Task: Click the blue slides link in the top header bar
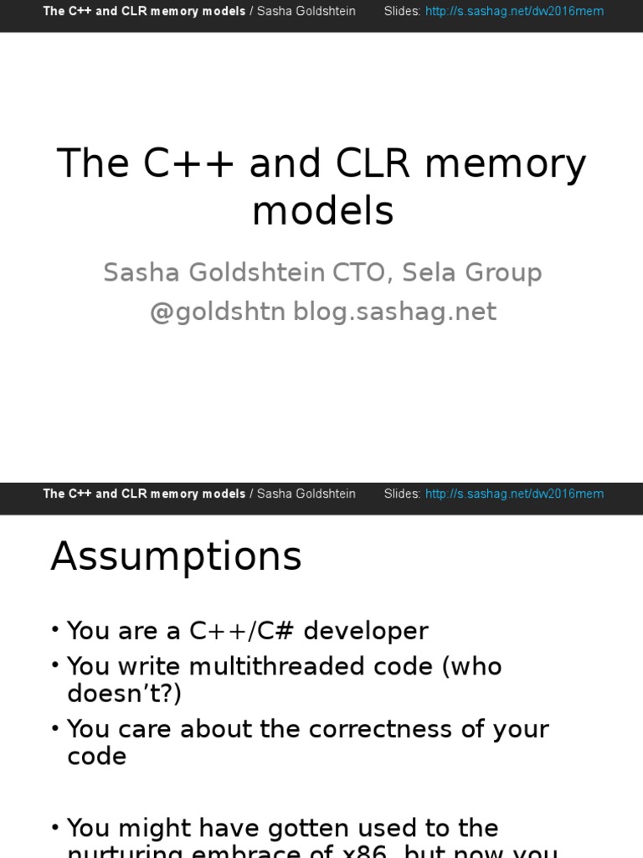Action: click(514, 11)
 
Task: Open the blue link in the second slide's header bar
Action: click(514, 494)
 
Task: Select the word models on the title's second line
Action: click(322, 212)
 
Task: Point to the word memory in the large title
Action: click(505, 165)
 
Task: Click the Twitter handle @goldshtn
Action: click(218, 312)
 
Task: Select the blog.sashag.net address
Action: click(394, 312)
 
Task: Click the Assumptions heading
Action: click(176, 556)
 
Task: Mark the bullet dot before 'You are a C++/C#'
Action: click(55, 630)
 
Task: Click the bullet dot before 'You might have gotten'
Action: click(55, 828)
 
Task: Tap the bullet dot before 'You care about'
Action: click(55, 728)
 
